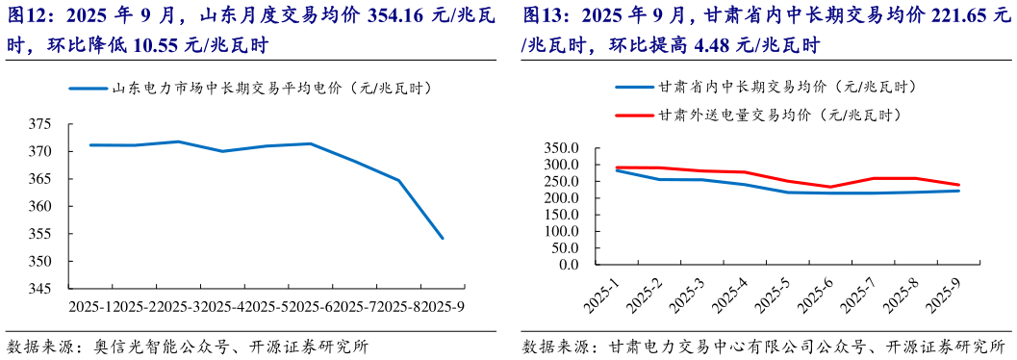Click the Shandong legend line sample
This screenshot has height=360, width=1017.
pos(88,89)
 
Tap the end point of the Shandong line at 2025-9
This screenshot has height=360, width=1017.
pos(443,238)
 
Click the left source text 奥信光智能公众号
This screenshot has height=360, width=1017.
pos(153,347)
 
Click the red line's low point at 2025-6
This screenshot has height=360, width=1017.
pos(829,188)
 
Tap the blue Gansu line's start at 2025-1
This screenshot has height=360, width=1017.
pos(615,170)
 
